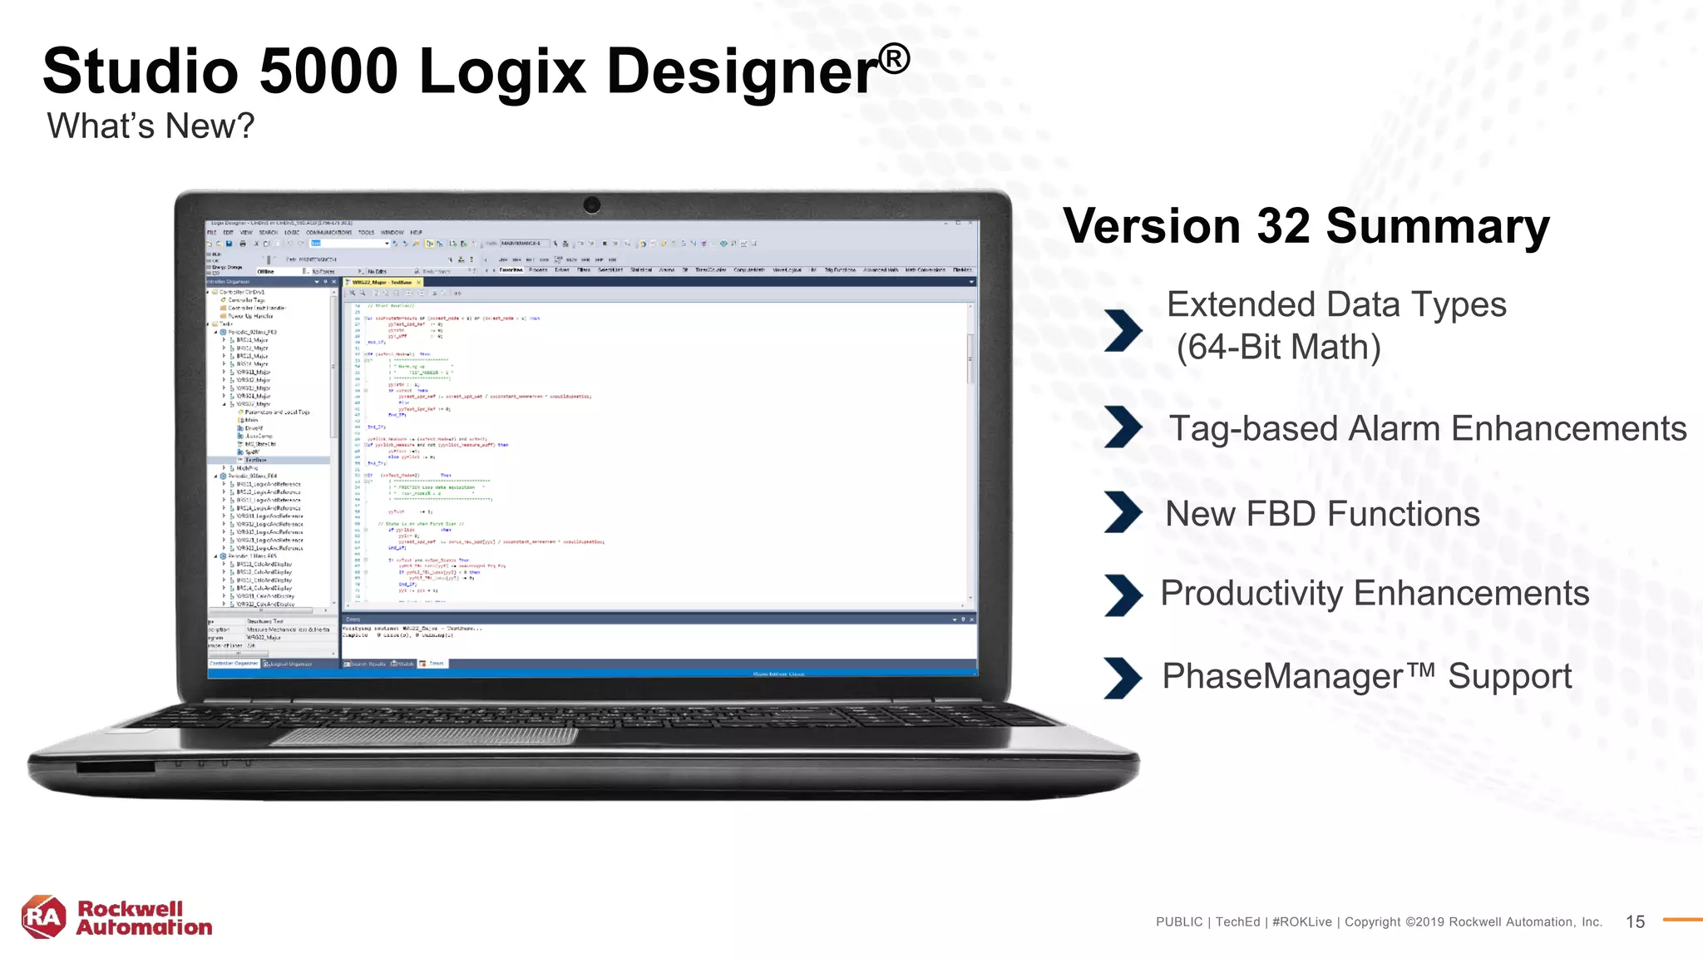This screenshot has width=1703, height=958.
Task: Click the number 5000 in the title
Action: [x=328, y=72]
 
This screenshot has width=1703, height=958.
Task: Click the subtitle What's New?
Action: [x=151, y=126]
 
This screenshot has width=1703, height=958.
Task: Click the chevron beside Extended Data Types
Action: [x=1123, y=330]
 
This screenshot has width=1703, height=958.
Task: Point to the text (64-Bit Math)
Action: [x=1278, y=348]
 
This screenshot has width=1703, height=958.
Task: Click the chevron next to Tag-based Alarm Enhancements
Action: [x=1123, y=427]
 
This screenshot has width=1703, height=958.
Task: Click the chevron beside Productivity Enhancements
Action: [x=1123, y=595]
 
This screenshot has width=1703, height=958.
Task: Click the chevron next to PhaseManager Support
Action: [x=1123, y=678]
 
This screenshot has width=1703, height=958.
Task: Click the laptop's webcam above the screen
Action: [x=592, y=205]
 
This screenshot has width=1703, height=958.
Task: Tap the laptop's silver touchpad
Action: [x=424, y=736]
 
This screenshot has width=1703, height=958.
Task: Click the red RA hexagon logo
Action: [x=43, y=917]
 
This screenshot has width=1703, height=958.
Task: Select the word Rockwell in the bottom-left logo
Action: [x=130, y=908]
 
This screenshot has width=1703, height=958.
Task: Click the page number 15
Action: [x=1635, y=921]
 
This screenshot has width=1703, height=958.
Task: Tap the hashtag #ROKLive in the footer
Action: [x=1301, y=922]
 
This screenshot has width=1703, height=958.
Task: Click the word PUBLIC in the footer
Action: [x=1179, y=922]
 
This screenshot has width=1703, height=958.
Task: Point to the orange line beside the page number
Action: [x=1682, y=920]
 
